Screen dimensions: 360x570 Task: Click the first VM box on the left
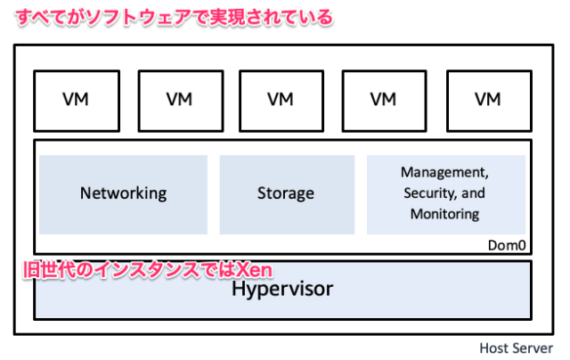pyautogui.click(x=76, y=98)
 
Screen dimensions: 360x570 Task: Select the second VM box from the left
pyautogui.click(x=179, y=98)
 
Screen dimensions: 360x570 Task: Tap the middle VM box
pyautogui.click(x=281, y=98)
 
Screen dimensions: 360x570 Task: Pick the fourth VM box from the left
pyautogui.click(x=385, y=98)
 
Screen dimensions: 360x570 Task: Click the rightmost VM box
pyautogui.click(x=487, y=98)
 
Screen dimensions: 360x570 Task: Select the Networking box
pyautogui.click(x=123, y=192)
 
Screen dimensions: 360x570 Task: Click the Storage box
pyautogui.click(x=286, y=192)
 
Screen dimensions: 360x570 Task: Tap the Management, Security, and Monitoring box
pyautogui.click(x=445, y=192)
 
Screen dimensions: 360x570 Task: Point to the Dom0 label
pyautogui.click(x=509, y=243)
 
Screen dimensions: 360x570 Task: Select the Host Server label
pyautogui.click(x=517, y=348)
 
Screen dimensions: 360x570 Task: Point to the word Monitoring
pyautogui.click(x=445, y=214)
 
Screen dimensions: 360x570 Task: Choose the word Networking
pyautogui.click(x=123, y=192)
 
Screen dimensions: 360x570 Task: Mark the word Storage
pyautogui.click(x=286, y=192)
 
